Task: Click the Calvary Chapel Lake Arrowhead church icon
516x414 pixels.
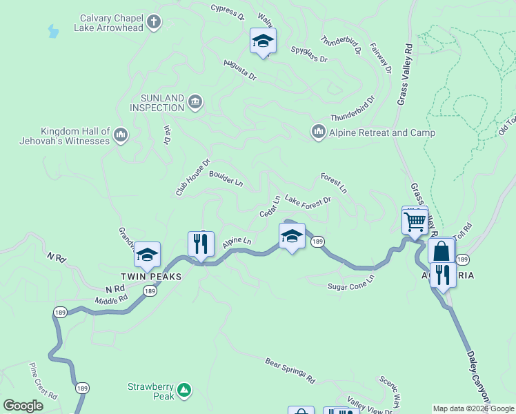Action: point(153,22)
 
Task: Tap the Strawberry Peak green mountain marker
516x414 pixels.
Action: point(183,391)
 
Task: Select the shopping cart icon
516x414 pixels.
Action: point(415,222)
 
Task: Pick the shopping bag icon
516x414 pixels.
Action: point(441,252)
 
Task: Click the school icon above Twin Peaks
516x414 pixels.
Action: point(147,255)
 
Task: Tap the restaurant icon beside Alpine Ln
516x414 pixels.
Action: point(201,244)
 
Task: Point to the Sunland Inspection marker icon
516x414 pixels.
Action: point(195,103)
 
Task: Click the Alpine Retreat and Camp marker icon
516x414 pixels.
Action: point(318,131)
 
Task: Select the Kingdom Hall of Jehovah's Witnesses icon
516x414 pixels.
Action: point(121,134)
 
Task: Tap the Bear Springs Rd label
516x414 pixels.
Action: point(290,370)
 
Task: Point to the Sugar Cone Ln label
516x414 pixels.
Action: point(350,282)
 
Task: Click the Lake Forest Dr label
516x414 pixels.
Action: point(308,200)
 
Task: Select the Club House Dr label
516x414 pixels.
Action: point(192,178)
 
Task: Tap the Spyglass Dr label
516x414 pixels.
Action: point(308,55)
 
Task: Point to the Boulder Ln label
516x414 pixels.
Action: point(226,179)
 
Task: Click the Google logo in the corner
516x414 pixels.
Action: point(23,406)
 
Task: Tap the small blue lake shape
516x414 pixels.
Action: point(52,31)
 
